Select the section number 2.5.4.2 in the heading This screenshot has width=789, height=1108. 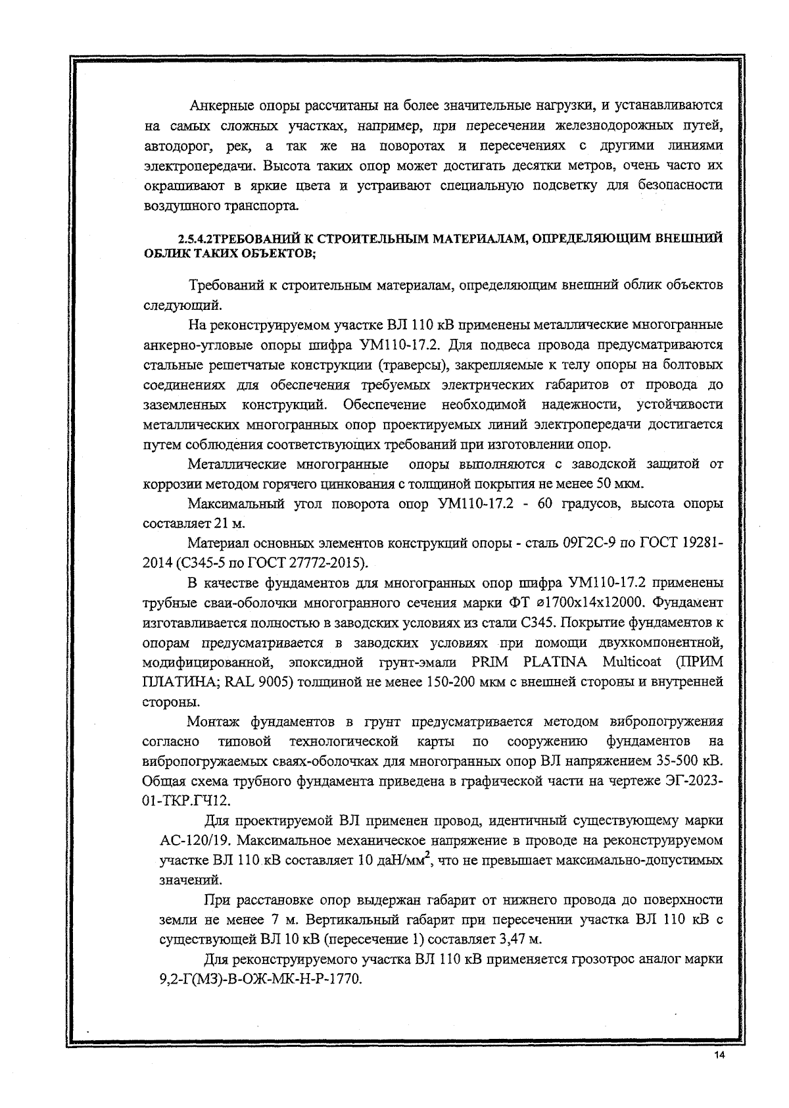[195, 238]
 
